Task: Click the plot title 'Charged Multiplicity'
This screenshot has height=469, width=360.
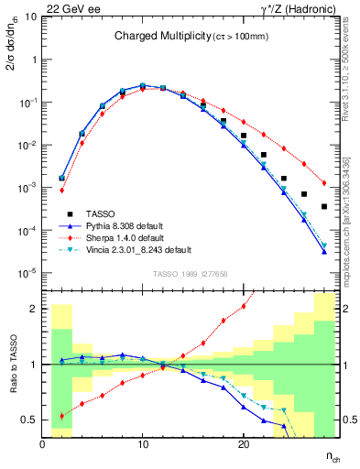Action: (x=151, y=37)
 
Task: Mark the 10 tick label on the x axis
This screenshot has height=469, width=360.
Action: (x=143, y=443)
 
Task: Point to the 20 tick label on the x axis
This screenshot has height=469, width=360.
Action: (x=243, y=443)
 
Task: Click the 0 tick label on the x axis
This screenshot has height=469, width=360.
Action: (x=43, y=443)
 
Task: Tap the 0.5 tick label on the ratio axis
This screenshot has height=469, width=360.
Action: (x=28, y=420)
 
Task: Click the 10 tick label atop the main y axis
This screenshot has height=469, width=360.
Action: (x=31, y=16)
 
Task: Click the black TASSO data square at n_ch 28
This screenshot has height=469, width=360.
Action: (x=324, y=206)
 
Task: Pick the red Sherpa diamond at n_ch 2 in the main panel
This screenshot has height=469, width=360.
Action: (x=61, y=191)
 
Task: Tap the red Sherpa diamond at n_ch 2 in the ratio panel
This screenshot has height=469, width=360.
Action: (x=61, y=415)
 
